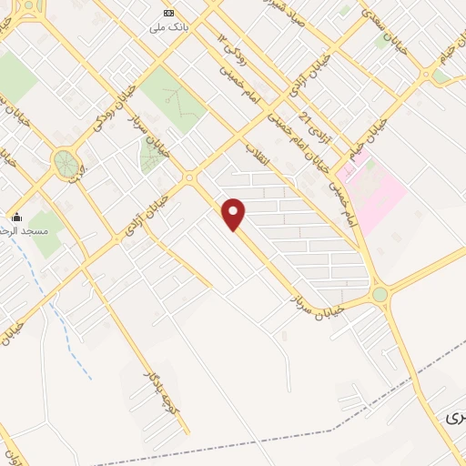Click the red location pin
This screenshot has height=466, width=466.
tap(234, 214)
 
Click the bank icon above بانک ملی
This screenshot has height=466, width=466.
tap(167, 13)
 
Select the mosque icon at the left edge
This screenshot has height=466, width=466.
tap(15, 218)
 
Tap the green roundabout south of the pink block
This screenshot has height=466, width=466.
tap(380, 294)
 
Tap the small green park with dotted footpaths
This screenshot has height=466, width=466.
tap(153, 156)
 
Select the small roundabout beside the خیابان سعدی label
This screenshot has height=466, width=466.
tap(426, 73)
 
